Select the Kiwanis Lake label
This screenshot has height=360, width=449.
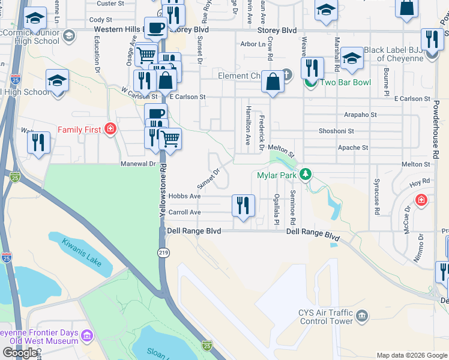pos(80,253)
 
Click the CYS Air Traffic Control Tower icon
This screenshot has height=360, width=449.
pos(361,316)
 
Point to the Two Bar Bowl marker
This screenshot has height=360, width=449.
pos(310,83)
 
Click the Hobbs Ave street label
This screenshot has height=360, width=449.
pos(184,196)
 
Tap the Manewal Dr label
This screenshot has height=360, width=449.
pos(138,163)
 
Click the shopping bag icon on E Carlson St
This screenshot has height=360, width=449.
pos(273,83)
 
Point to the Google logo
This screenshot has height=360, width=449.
pos(20,353)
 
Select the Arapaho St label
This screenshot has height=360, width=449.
pos(360,115)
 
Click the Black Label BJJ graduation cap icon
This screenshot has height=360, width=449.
pos(352,58)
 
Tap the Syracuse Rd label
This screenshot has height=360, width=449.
pos(377,203)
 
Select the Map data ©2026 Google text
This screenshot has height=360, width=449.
pos(411,355)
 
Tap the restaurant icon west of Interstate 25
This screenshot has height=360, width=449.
pos(38,142)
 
